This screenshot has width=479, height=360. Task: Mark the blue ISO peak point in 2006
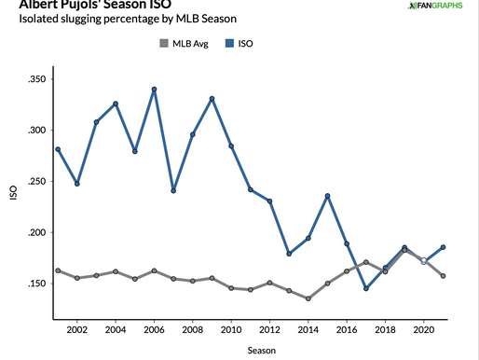coord(154,90)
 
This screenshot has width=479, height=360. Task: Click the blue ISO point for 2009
coord(212,99)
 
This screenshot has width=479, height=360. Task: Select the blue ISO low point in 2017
coord(366,288)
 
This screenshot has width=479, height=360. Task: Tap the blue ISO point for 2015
coord(328,196)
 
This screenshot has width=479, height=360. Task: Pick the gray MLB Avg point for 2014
coord(308,298)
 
